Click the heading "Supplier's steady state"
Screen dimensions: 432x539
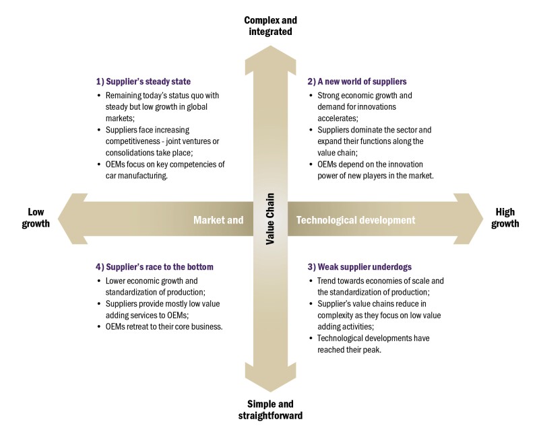click(144, 81)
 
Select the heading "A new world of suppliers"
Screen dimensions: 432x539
click(360, 81)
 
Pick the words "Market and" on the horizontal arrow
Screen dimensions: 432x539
click(218, 219)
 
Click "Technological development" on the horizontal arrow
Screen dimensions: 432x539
click(356, 219)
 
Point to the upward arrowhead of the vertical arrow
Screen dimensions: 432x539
click(269, 57)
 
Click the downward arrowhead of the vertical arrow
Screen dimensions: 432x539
click(269, 380)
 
